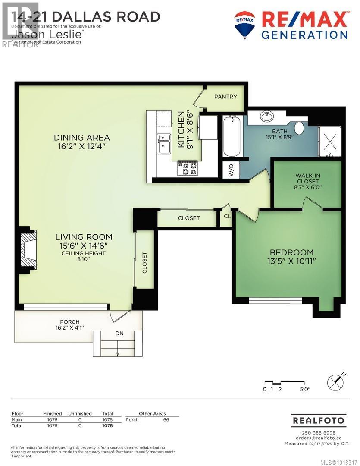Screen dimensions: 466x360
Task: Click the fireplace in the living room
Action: pos(28,249)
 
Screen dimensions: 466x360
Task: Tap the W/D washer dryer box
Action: pos(231,170)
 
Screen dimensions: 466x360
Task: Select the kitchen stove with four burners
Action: pos(187,168)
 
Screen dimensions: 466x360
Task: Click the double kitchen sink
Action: pos(164,144)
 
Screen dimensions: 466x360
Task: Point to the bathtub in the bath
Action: pos(232,136)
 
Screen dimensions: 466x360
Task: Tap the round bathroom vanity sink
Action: pos(268,116)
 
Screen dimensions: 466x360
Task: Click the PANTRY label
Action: pos(225,97)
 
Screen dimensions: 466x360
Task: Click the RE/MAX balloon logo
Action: pos(244,25)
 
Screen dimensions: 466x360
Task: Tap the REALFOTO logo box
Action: pos(319,420)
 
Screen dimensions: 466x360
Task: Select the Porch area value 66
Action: pos(166,420)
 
